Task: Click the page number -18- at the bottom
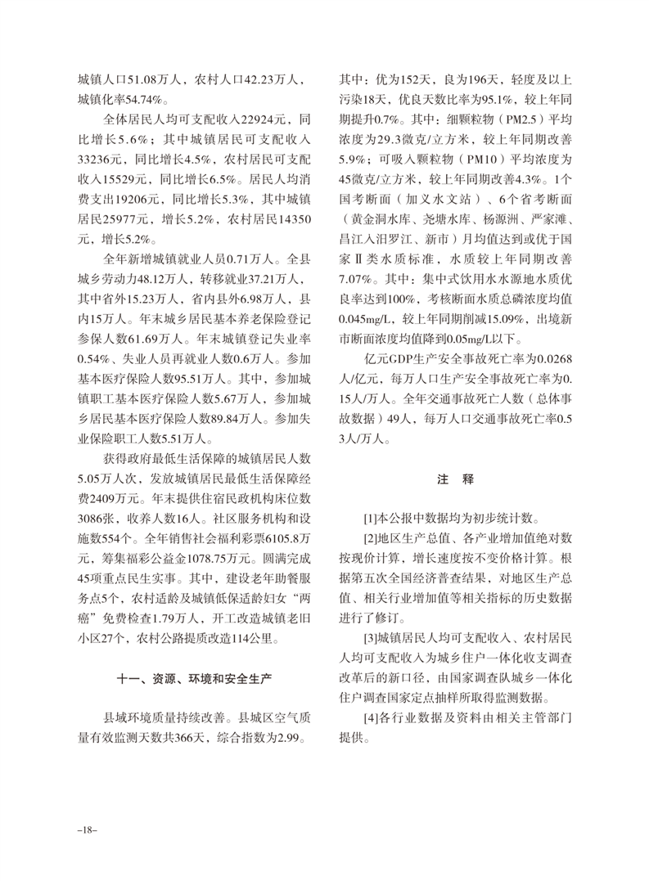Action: [87, 829]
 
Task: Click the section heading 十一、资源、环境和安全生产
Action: [194, 679]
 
